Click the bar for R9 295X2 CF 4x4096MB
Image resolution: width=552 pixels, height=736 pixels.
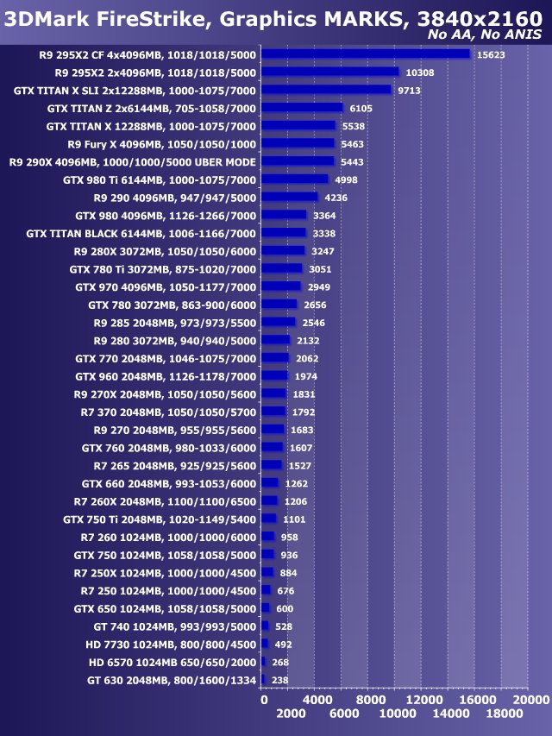point(365,53)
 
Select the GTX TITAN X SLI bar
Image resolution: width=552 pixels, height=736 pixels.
point(326,89)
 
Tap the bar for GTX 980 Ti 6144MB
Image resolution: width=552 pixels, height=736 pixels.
point(294,179)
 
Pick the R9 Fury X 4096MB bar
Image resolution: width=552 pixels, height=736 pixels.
point(298,143)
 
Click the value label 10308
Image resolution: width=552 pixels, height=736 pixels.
point(420,72)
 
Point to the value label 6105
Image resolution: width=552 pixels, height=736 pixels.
point(361,108)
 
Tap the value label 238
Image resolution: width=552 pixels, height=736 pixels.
point(279,681)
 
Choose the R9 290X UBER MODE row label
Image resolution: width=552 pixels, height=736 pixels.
point(132,161)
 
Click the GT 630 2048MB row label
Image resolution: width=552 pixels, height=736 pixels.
point(172,681)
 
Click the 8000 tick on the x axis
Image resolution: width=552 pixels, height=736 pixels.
point(370,700)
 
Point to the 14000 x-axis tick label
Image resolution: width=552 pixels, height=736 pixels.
point(450,714)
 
